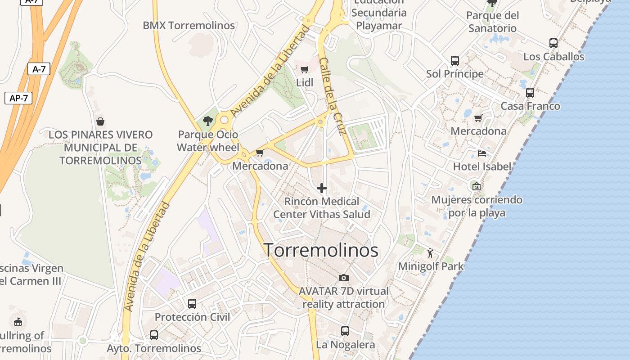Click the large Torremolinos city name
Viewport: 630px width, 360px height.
[x=321, y=250]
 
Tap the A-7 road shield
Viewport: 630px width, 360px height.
[x=39, y=69]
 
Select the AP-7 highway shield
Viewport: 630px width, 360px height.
[x=18, y=98]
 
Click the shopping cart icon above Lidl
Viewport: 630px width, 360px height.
[x=304, y=69]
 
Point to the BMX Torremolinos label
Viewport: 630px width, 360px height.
[x=189, y=26]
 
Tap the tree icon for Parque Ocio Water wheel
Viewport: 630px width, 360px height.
[x=207, y=121]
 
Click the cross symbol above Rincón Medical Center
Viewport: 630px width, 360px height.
[x=321, y=188]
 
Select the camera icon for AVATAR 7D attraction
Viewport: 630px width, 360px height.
[x=344, y=278]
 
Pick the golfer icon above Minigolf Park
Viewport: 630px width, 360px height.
[x=430, y=253]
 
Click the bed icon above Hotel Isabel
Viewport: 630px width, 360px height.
[x=482, y=153]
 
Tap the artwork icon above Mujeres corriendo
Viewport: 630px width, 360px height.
[x=476, y=186]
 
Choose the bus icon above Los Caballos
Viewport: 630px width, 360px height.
[x=553, y=43]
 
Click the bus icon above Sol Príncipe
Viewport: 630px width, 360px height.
[x=455, y=60]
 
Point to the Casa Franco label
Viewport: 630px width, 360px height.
[x=530, y=106]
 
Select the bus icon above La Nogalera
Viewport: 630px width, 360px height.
[x=345, y=331]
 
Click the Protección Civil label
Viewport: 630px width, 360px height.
[x=192, y=317]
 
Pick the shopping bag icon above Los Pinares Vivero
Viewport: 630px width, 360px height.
[x=100, y=121]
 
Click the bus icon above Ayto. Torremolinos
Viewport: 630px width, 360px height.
[x=154, y=335]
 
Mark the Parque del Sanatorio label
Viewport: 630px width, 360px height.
[x=492, y=22]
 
